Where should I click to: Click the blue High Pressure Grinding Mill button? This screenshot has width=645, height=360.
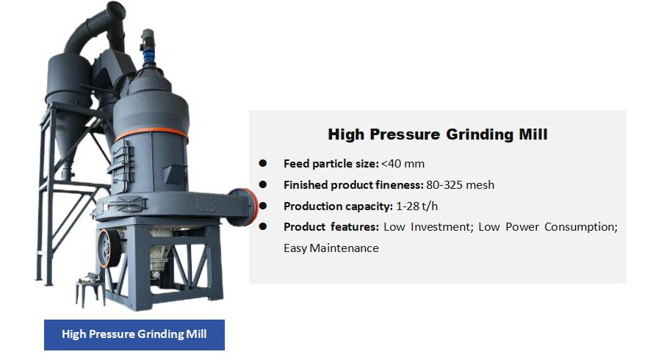coord(134,334)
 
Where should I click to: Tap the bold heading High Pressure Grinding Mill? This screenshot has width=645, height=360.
coord(437,134)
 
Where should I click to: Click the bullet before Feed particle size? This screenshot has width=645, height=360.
coord(262,163)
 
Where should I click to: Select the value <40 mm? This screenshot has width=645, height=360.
coord(403,164)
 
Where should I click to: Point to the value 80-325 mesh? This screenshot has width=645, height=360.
coord(460,185)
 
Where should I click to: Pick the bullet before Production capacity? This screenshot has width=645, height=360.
coord(262,206)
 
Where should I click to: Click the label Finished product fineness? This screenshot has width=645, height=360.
coord(353,185)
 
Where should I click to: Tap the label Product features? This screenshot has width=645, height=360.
coord(331,227)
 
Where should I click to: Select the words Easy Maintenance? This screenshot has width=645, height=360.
coord(331,248)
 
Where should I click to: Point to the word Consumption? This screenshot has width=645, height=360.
coord(580,227)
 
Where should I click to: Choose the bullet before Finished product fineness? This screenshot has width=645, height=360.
coord(262,185)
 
